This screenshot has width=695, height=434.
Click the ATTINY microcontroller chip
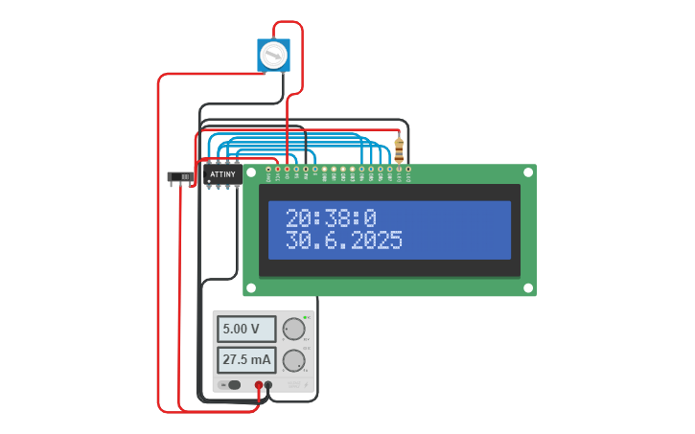[x=221, y=175]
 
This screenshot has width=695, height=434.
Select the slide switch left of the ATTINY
[x=179, y=176]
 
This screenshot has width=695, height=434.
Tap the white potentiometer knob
[x=273, y=55]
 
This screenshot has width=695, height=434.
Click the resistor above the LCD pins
[x=399, y=150]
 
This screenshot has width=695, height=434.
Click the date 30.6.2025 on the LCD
[x=344, y=240]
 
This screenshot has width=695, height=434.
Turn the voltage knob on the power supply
[x=293, y=329]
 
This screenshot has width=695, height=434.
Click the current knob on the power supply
[x=293, y=361]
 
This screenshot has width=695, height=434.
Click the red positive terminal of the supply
[x=259, y=385]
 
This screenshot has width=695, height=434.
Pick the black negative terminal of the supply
[x=268, y=385]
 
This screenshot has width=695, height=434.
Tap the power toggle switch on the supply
[x=232, y=385]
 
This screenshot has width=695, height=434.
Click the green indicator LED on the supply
[x=305, y=317]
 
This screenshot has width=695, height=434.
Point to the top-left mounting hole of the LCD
[x=251, y=173]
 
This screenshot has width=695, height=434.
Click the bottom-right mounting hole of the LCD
[x=527, y=286]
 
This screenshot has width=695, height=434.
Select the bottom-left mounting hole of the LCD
[x=251, y=286]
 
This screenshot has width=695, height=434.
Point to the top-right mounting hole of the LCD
[x=527, y=173]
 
